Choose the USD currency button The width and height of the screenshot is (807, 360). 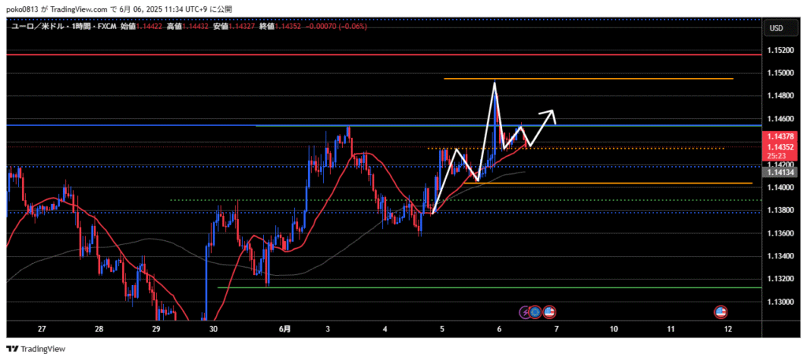(x=775, y=28)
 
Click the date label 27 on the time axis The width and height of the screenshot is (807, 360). (x=42, y=328)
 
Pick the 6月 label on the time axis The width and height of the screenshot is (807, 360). (x=284, y=328)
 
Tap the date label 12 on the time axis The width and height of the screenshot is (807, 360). (x=727, y=328)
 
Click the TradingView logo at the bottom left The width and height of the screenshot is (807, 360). (x=36, y=348)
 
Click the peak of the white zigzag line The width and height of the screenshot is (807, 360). (x=495, y=82)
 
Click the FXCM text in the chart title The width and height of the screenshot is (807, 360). (x=106, y=26)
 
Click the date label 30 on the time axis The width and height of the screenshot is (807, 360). (x=213, y=328)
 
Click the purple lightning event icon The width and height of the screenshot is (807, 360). (x=526, y=312)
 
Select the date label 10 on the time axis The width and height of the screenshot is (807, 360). (x=613, y=328)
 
